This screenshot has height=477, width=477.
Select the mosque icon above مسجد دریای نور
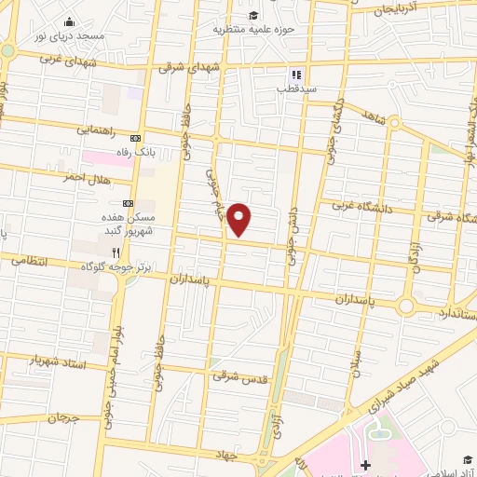pos(69,21)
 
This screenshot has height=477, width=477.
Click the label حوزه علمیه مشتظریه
pos(253,29)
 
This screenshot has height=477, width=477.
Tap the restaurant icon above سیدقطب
pos(295,75)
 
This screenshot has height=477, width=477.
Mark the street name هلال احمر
pos(88,177)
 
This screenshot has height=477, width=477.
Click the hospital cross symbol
pos(365,465)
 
